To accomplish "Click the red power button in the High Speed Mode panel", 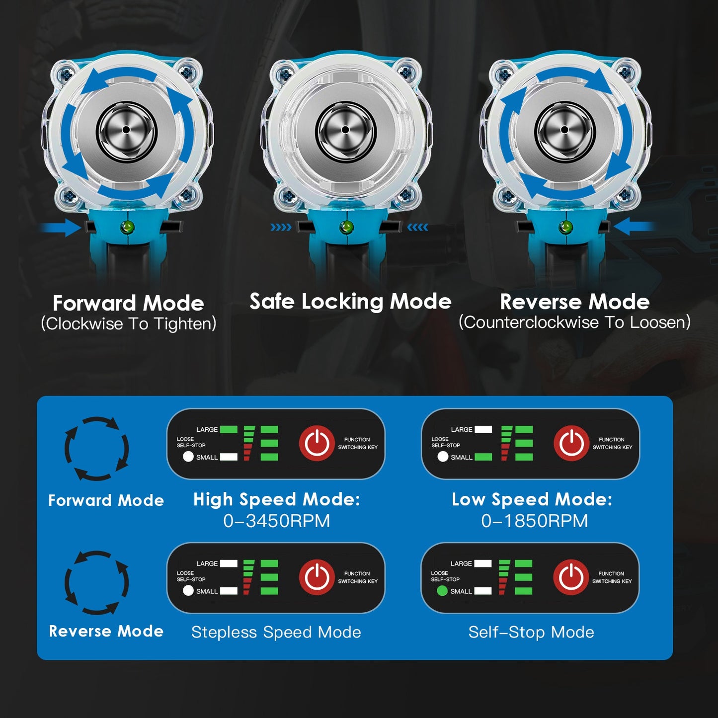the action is click(x=317, y=443).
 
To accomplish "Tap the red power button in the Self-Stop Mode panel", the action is click(x=571, y=577).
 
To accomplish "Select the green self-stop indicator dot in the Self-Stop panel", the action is click(x=442, y=591).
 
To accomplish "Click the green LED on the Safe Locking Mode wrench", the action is click(x=347, y=227).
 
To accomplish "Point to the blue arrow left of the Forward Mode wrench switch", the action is click(x=60, y=227).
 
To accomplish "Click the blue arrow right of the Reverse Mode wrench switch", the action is click(x=634, y=226).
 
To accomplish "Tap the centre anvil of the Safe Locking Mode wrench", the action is click(x=345, y=130).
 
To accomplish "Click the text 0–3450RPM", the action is click(x=276, y=521).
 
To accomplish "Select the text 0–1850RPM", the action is click(x=534, y=521).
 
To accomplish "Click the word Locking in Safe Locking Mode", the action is click(x=342, y=302).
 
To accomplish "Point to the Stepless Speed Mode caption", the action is click(x=276, y=633).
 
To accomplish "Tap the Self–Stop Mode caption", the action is click(x=531, y=633).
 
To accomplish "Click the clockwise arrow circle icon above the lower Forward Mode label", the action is click(x=96, y=448).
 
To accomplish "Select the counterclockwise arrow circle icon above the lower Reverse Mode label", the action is click(x=96, y=582).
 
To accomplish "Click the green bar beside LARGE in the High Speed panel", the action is click(x=229, y=430).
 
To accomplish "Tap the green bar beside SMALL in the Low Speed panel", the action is click(x=483, y=457).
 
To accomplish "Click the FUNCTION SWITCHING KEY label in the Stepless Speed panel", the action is click(x=358, y=577).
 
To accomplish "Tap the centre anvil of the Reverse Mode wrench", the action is click(x=564, y=130).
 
